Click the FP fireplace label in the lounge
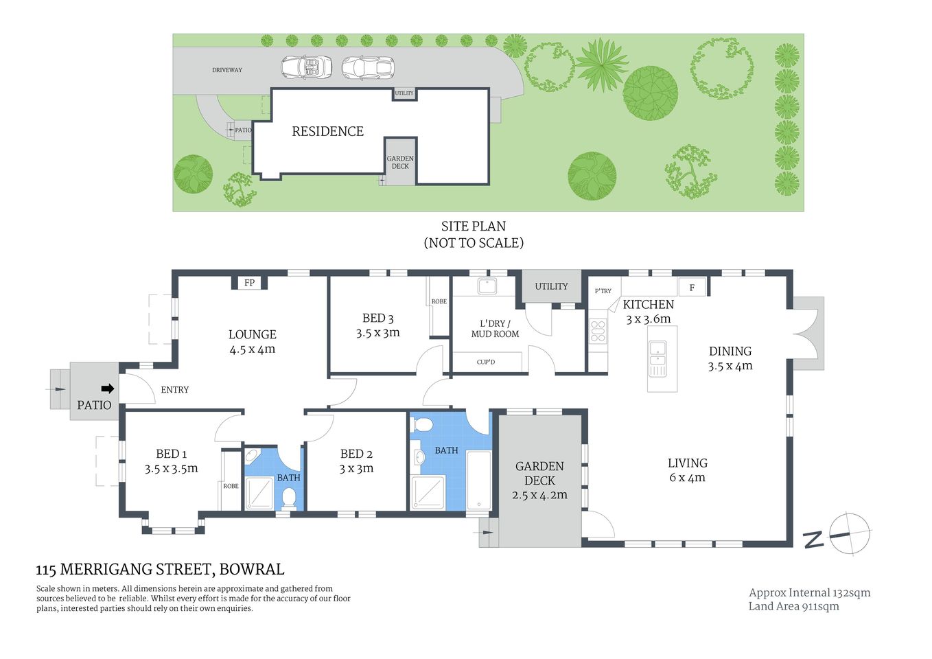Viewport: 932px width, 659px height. pos(249,283)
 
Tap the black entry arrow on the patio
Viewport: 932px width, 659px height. pos(107,389)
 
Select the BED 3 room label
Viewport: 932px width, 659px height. pos(377,318)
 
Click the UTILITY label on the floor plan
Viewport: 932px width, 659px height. pos(551,286)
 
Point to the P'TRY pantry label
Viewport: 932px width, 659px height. pos(603,291)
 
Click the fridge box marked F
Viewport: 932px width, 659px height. pos(692,288)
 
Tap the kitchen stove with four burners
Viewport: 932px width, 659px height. pos(598,331)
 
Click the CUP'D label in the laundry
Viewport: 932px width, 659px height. pos(485,362)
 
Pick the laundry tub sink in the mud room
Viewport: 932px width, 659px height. pos(487,286)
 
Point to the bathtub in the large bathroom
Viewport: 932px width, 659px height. pos(478,480)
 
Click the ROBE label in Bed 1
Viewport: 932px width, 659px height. pos(231,486)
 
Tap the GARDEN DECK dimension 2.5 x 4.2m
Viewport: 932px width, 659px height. pos(539,495)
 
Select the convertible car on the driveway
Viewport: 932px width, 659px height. pos(306,67)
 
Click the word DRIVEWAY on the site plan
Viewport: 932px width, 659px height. pos(226,70)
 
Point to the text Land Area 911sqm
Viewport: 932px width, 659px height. pos(793,606)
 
